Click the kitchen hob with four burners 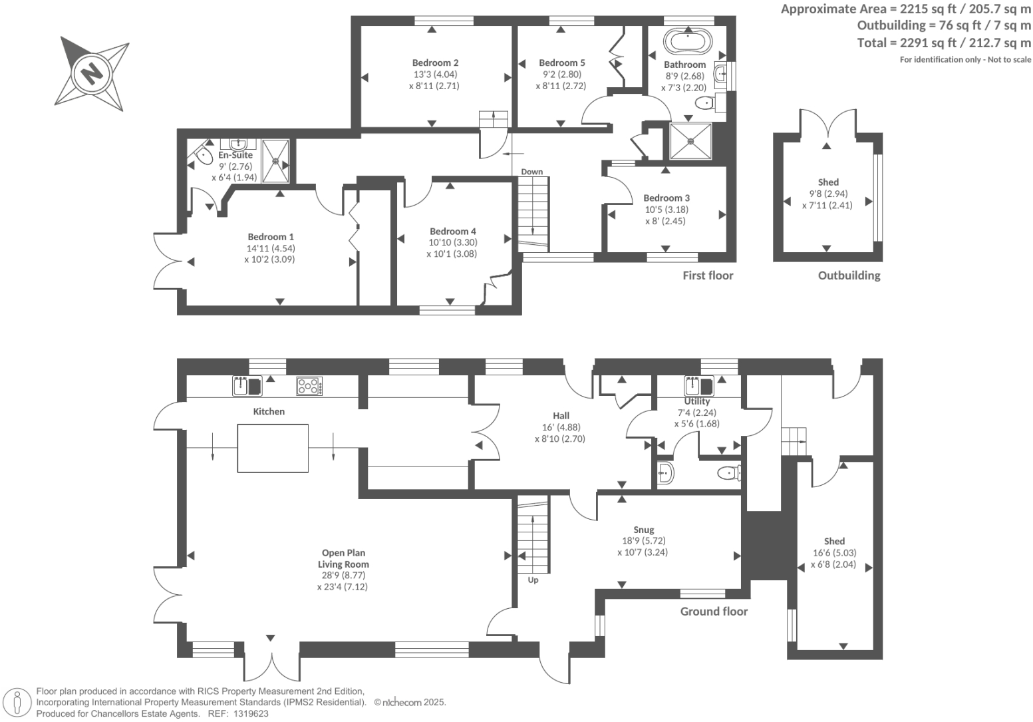point(310,386)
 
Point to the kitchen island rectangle point(273,448)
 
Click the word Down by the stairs point(531,172)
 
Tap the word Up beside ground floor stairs point(533,580)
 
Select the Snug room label point(643,530)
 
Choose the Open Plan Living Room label point(343,558)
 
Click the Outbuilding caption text point(849,275)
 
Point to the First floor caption point(708,275)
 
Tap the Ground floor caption point(714,612)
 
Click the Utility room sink point(698,385)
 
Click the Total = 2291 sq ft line point(944,43)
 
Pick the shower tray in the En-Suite point(275,160)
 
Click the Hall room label point(561,415)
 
